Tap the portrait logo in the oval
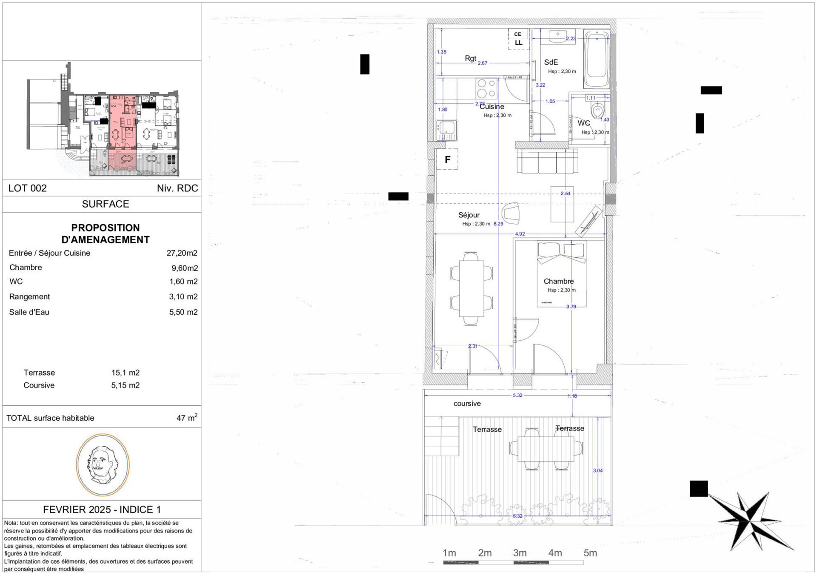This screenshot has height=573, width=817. (103, 465)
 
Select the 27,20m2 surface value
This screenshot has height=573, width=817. (182, 253)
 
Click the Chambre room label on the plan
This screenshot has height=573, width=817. (558, 281)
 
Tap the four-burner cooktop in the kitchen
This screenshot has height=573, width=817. (486, 89)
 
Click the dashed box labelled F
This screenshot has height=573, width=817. (447, 160)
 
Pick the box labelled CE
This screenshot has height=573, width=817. (518, 34)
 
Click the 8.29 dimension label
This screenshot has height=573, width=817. (498, 224)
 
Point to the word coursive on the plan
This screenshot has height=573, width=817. (467, 403)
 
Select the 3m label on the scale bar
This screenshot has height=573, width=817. (520, 553)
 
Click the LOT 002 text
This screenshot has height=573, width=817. (28, 188)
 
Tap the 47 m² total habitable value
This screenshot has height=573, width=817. (186, 418)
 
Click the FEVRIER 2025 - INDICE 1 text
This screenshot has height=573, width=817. (102, 509)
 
